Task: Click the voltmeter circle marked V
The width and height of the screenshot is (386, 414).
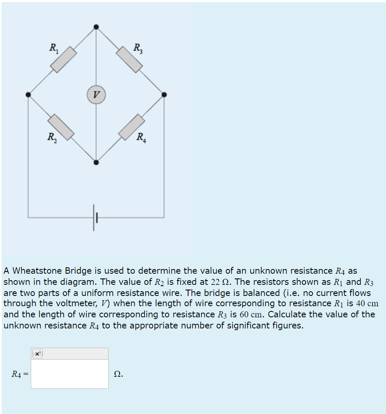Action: click(96, 95)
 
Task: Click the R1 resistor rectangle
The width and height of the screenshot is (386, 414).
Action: click(64, 60)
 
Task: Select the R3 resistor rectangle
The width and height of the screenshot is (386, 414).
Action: click(129, 59)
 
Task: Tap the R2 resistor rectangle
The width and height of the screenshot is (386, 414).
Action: click(61, 127)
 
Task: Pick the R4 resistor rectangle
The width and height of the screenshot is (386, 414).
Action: click(132, 127)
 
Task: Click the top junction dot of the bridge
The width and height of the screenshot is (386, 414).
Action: click(96, 27)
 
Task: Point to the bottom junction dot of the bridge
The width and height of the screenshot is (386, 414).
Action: click(96, 162)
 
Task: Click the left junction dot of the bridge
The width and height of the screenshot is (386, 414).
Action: click(28, 95)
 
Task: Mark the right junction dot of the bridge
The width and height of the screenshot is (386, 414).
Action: click(164, 95)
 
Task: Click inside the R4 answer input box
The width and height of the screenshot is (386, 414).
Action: click(69, 374)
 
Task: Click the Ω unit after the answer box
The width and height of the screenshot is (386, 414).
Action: click(118, 374)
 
